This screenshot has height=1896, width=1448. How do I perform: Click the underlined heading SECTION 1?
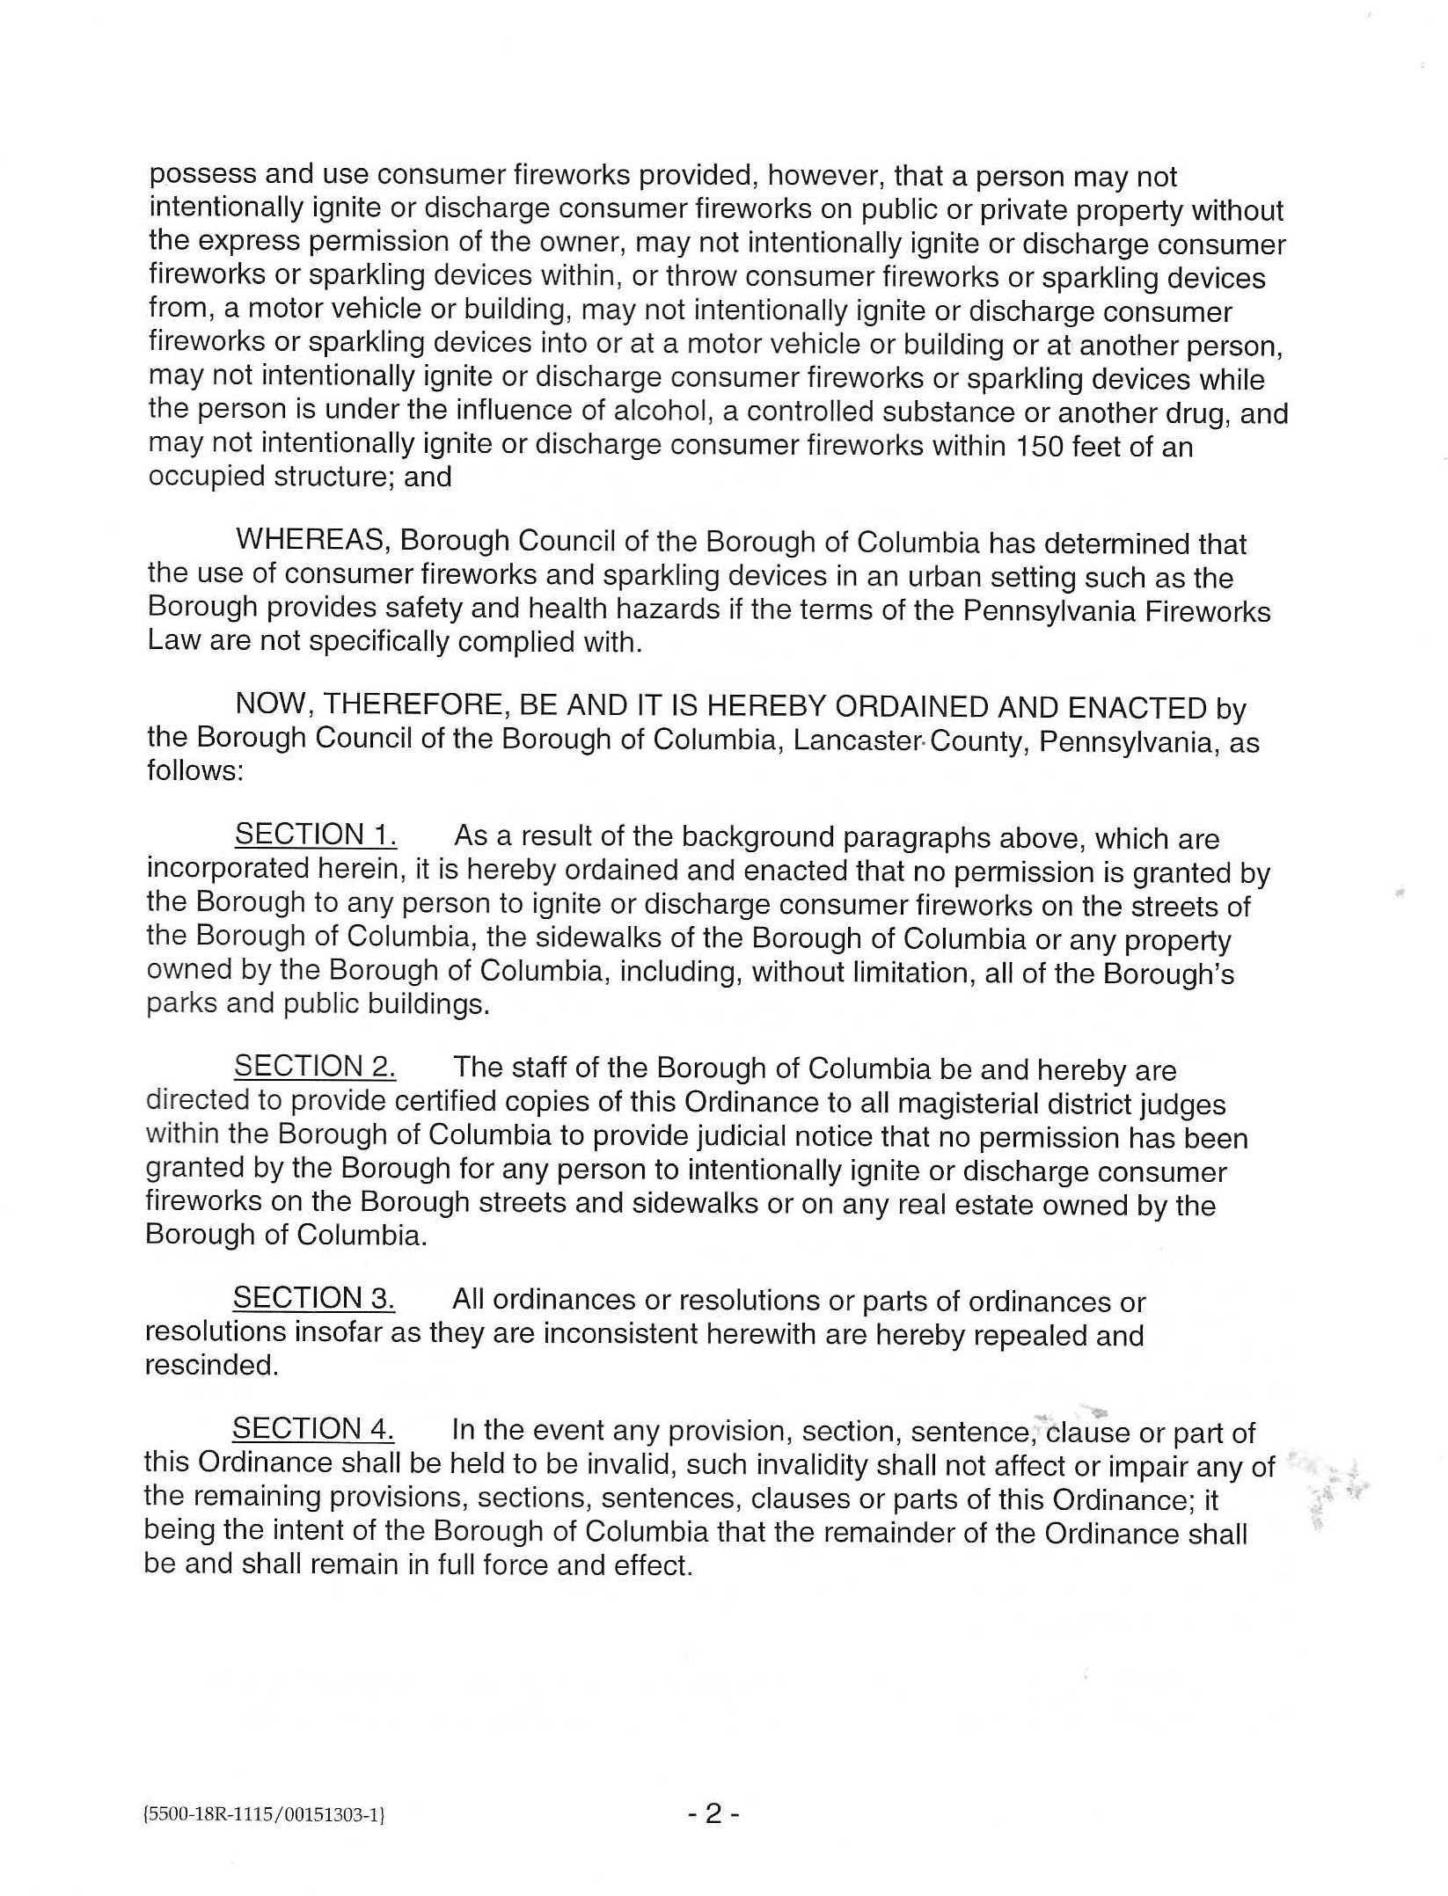click(x=314, y=834)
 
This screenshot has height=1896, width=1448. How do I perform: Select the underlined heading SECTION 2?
click(x=314, y=1066)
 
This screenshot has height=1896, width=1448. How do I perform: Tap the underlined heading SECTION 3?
click(x=313, y=1298)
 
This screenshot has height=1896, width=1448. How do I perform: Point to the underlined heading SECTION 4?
click(x=312, y=1428)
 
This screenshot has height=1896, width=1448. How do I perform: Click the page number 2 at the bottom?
click(x=713, y=1813)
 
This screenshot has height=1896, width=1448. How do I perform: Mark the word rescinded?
click(x=211, y=1365)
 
